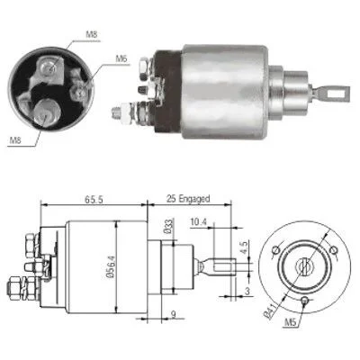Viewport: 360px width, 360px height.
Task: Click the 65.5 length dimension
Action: click(x=94, y=200)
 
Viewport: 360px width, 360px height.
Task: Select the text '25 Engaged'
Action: click(x=188, y=198)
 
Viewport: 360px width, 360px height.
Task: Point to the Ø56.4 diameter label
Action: click(x=110, y=266)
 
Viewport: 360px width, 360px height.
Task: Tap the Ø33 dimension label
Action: click(x=169, y=227)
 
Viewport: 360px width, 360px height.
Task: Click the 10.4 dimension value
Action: click(x=199, y=222)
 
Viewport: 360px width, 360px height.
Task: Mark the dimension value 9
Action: click(x=173, y=314)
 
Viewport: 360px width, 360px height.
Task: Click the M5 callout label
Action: click(x=290, y=322)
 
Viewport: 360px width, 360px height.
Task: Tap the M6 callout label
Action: click(x=121, y=58)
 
